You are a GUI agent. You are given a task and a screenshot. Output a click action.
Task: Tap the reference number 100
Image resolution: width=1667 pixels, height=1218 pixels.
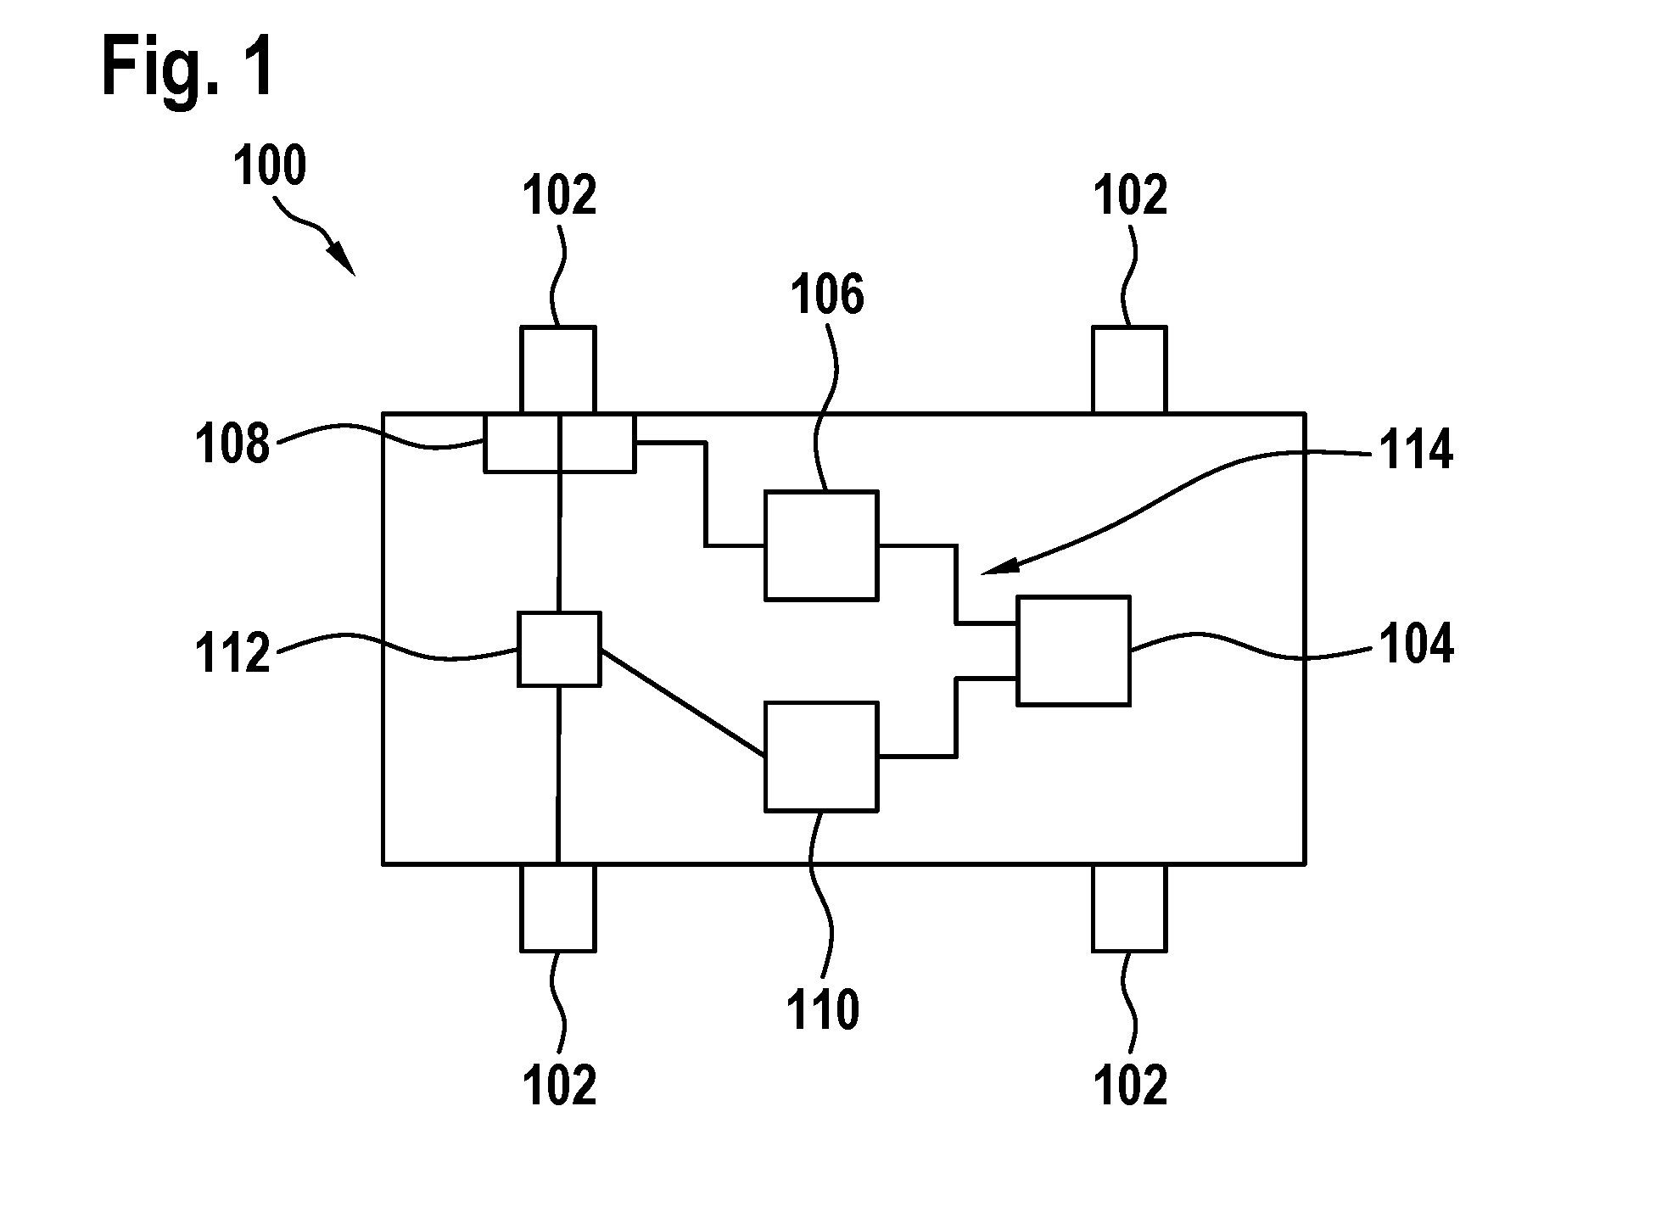[270, 167]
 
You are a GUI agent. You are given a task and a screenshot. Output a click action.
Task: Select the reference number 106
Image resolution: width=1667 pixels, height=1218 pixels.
[827, 295]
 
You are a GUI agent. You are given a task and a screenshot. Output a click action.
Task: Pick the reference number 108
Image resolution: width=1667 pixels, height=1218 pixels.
[232, 444]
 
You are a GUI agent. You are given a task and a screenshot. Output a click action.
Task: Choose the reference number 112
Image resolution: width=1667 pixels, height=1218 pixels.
[232, 655]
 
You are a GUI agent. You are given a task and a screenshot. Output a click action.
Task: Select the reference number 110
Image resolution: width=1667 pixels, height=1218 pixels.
[824, 1011]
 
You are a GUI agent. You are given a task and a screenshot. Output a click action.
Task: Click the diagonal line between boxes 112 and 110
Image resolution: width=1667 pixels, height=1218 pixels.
[683, 701]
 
